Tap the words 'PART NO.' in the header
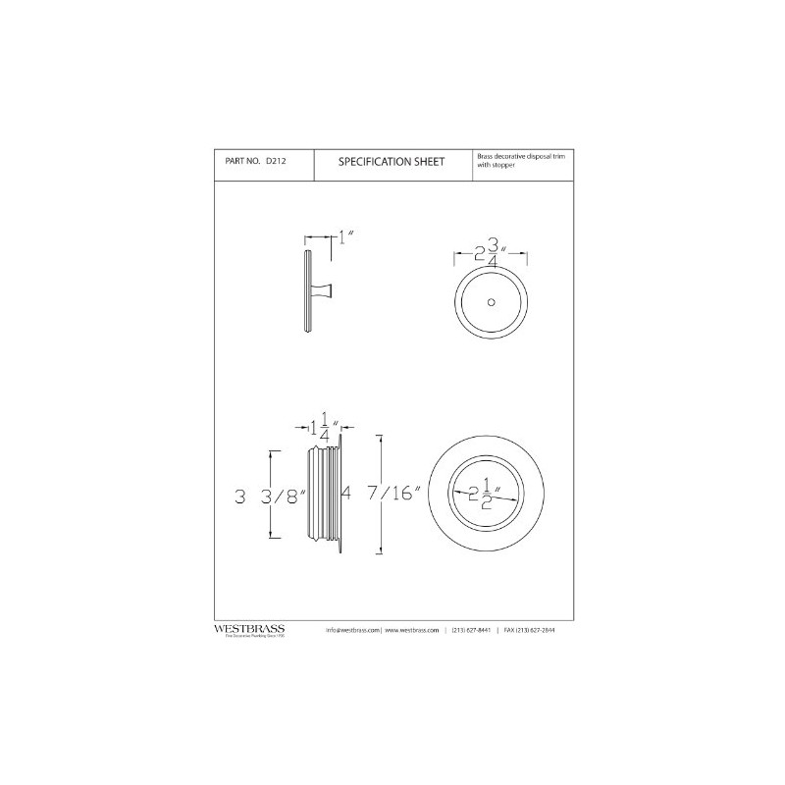click(x=239, y=165)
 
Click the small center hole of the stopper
click(x=491, y=298)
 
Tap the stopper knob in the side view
click(x=327, y=290)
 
